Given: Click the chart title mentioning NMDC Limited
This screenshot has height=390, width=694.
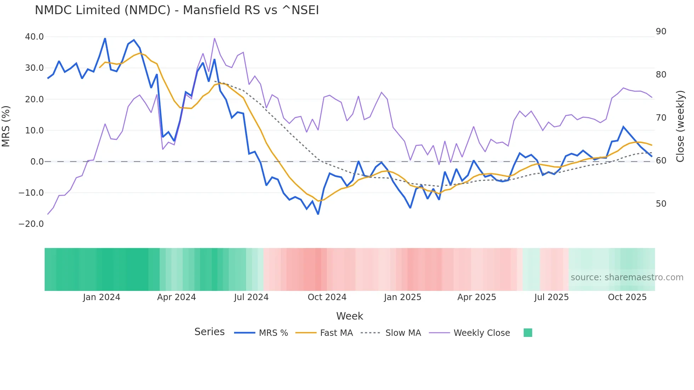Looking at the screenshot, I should pyautogui.click(x=177, y=10).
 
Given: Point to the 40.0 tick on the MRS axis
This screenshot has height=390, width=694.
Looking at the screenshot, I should pyautogui.click(x=34, y=37).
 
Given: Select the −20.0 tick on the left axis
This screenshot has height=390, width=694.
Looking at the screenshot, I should pyautogui.click(x=31, y=224).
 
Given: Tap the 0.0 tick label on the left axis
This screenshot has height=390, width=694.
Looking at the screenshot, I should pyautogui.click(x=37, y=162).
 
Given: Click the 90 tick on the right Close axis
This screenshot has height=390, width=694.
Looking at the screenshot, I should pyautogui.click(x=661, y=31).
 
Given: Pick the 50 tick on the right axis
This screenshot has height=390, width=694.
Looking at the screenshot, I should pyautogui.click(x=661, y=204).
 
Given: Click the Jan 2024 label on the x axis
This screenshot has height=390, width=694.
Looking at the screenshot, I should pyautogui.click(x=102, y=297).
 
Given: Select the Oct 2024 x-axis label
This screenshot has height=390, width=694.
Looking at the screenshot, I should pyautogui.click(x=327, y=297).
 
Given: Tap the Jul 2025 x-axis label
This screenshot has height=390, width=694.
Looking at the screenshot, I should pyautogui.click(x=551, y=297).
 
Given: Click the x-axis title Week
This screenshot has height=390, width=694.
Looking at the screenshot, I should pyautogui.click(x=349, y=316).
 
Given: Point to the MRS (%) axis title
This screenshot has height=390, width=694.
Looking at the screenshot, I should pyautogui.click(x=6, y=126).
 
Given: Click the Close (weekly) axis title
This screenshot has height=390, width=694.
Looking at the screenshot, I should pyautogui.click(x=680, y=126).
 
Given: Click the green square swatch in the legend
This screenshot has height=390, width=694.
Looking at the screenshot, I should pyautogui.click(x=528, y=333).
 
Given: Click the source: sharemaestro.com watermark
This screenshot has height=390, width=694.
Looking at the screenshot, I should pyautogui.click(x=627, y=277).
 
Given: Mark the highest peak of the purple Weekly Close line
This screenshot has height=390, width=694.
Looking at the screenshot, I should pyautogui.click(x=215, y=39).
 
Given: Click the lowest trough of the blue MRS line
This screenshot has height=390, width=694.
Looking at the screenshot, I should pyautogui.click(x=318, y=214).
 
